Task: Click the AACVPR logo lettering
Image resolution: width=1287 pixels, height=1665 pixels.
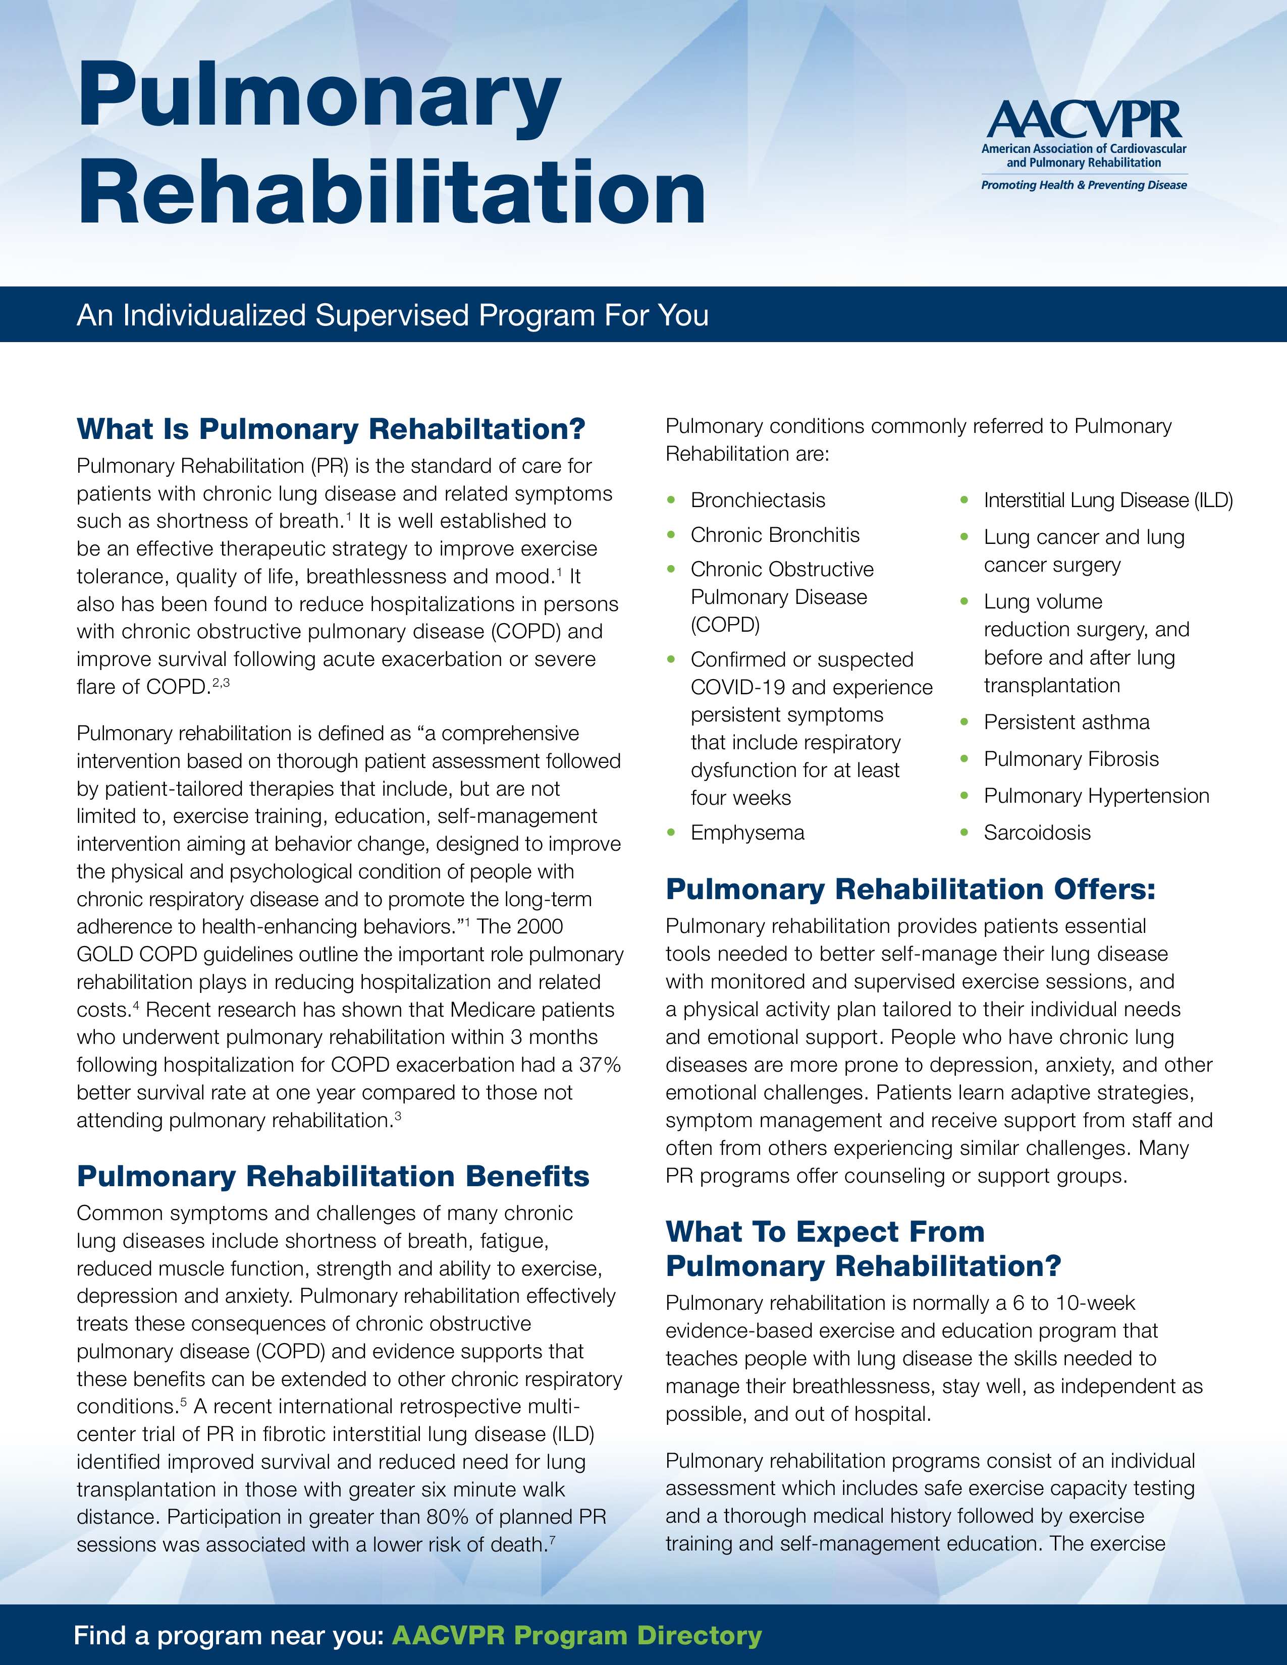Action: pyautogui.click(x=1084, y=121)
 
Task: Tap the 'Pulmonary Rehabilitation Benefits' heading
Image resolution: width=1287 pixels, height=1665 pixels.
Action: pyautogui.click(x=333, y=1176)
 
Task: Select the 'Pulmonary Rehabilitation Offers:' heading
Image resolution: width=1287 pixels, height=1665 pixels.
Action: pyautogui.click(x=910, y=889)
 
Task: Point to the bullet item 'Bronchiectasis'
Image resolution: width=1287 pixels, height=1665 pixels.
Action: pyautogui.click(x=758, y=500)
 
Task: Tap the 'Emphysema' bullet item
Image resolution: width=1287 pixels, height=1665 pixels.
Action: pyautogui.click(x=747, y=832)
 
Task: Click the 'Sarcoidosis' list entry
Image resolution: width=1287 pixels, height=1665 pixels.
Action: pyautogui.click(x=1037, y=832)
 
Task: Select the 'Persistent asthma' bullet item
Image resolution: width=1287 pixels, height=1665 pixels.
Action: pyautogui.click(x=1066, y=722)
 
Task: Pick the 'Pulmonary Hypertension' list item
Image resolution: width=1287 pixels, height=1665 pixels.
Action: pyautogui.click(x=1096, y=796)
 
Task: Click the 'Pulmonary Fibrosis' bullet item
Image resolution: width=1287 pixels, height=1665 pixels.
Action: pyautogui.click(x=1070, y=759)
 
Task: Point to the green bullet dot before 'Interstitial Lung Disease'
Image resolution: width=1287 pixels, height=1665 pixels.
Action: pyautogui.click(x=964, y=500)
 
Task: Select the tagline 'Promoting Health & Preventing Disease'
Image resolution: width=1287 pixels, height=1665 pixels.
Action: pyautogui.click(x=1084, y=185)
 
